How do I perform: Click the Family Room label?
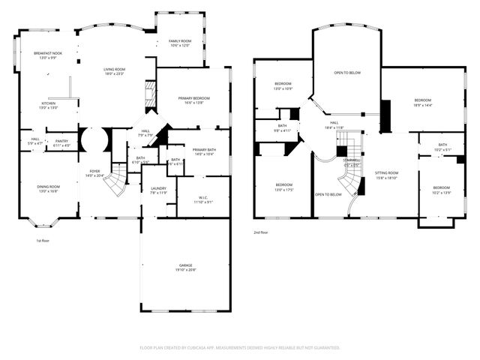click(179, 43)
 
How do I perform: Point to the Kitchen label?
click(48, 105)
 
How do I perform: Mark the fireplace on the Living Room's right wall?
click(148, 94)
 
